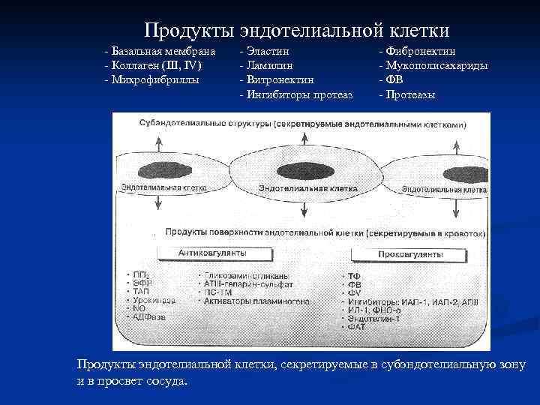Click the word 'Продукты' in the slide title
click(x=188, y=30)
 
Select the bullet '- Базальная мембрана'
click(x=160, y=51)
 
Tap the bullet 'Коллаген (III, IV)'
click(x=153, y=65)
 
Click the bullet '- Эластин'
click(x=265, y=51)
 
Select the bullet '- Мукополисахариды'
click(x=433, y=65)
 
